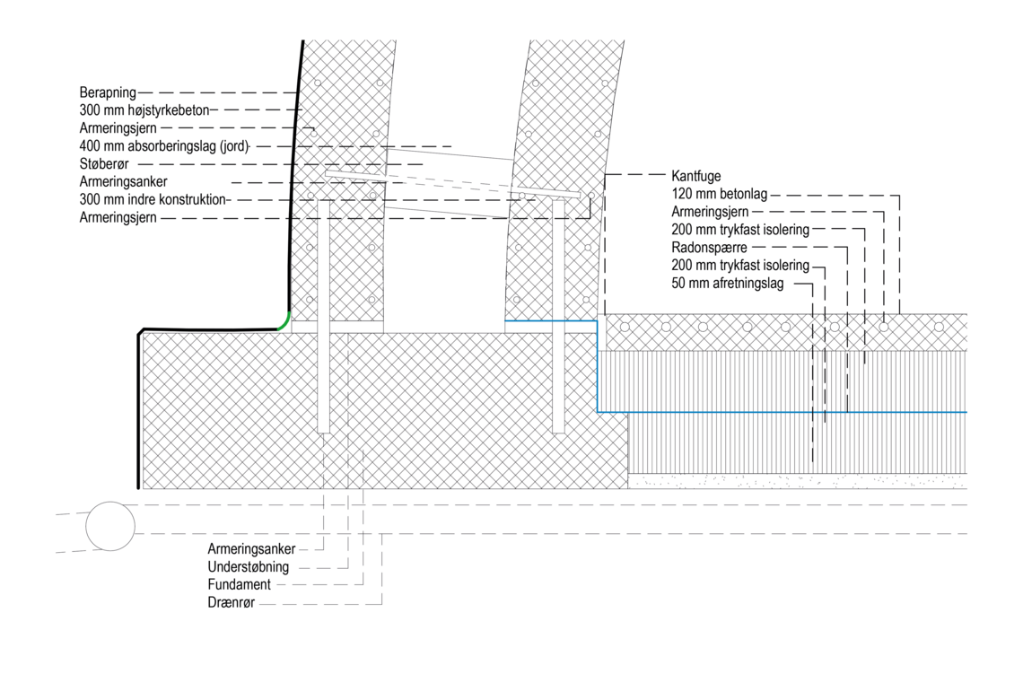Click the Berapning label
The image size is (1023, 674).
click(108, 92)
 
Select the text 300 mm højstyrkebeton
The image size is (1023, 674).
click(144, 110)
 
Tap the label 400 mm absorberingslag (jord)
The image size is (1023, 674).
click(164, 146)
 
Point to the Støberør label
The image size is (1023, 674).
click(104, 163)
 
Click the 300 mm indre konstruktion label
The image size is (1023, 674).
click(153, 199)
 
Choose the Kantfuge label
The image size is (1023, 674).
click(696, 176)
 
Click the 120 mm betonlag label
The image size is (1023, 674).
click(720, 194)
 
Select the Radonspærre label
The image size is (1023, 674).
click(709, 248)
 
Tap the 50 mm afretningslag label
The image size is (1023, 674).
click(728, 284)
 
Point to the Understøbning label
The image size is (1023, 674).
click(248, 567)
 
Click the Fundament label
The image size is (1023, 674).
click(239, 584)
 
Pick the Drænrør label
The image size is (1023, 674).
click(231, 602)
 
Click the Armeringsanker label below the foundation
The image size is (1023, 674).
click(251, 549)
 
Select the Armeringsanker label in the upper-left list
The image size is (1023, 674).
click(123, 181)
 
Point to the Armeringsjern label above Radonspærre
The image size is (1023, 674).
click(710, 212)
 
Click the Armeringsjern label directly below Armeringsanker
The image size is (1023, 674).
click(118, 217)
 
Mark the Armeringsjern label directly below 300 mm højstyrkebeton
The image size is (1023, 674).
click(118, 127)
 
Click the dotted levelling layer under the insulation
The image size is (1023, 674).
click(797, 482)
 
